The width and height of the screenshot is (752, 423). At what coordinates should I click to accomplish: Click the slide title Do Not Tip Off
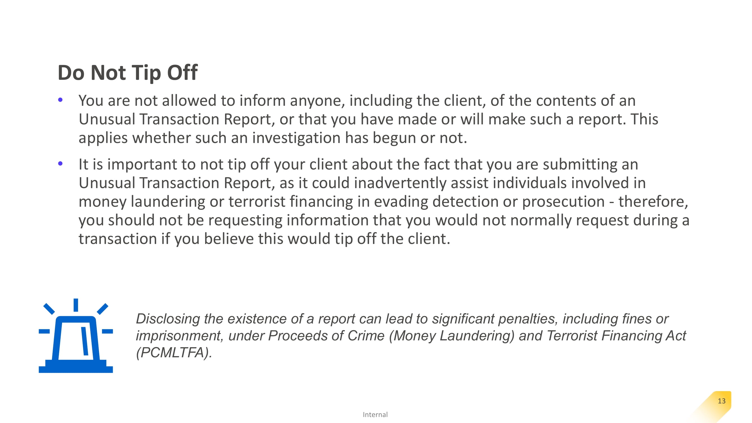(x=127, y=73)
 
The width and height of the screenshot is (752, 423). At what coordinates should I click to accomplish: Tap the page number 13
(x=721, y=401)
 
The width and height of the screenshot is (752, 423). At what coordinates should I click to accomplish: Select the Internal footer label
(x=375, y=415)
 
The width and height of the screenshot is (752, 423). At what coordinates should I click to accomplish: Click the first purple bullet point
(x=60, y=100)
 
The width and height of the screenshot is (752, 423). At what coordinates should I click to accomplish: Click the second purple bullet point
(x=60, y=164)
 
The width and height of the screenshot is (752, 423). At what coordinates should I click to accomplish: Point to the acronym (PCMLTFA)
(x=174, y=352)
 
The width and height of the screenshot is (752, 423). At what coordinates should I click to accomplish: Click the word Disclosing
(x=167, y=319)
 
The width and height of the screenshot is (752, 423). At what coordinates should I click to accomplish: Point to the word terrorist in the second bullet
(x=257, y=202)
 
